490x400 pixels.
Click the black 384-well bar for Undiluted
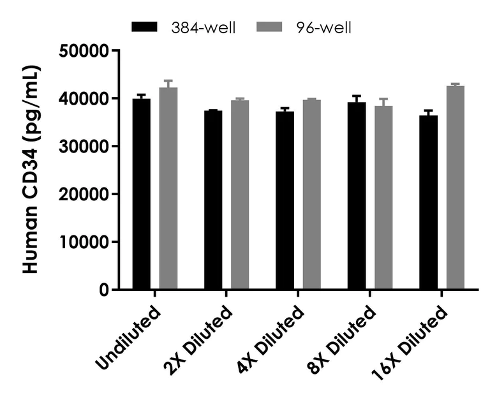141,194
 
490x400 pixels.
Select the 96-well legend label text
323,27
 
